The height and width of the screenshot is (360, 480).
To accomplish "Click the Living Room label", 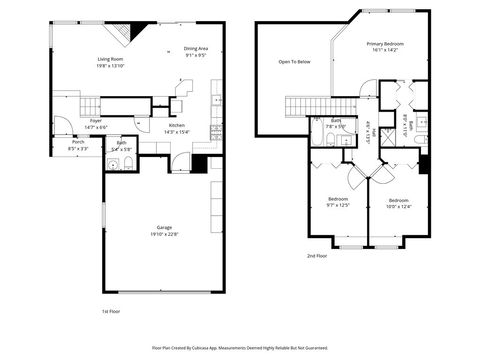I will click(x=110, y=59).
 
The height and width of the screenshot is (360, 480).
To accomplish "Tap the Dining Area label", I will click(x=196, y=49).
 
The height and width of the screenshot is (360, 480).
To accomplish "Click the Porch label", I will click(x=78, y=142).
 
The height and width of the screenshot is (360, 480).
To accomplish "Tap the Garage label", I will click(x=164, y=227).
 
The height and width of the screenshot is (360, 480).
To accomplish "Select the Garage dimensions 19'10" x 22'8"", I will click(x=164, y=234).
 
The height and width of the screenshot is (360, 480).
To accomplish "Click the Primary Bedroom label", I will click(x=385, y=44).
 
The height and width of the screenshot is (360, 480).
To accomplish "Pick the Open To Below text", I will click(x=294, y=62).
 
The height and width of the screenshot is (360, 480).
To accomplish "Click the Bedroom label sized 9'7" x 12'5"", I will click(x=338, y=199).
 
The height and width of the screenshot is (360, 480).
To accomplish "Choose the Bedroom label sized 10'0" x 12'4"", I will click(x=398, y=199).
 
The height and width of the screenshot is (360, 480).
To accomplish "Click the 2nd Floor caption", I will click(x=318, y=255).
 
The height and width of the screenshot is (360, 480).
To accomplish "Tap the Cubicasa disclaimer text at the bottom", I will click(x=239, y=348).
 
